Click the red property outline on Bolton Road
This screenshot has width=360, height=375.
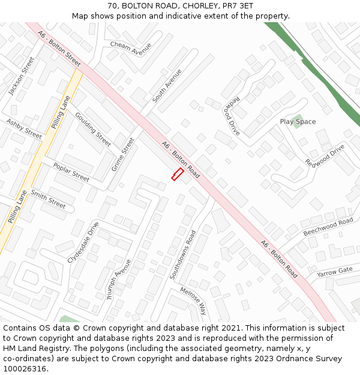tap(177, 174)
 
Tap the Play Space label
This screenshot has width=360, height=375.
tap(298, 122)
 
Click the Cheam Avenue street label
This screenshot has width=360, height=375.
tap(131, 48)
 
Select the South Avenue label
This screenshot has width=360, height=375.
tap(167, 86)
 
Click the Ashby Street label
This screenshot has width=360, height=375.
tap(24, 129)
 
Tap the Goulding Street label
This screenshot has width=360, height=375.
tap(93, 129)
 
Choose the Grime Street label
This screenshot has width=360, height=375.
tap(123, 154)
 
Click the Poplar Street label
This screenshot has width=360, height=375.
tap(71, 172)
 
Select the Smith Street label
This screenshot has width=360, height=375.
tap(48, 199)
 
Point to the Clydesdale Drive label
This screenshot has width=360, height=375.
tap(83, 242)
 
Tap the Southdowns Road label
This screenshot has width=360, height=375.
tap(182, 255)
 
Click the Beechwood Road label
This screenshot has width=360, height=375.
tap(328, 227)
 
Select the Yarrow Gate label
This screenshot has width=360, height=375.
tap(335, 271)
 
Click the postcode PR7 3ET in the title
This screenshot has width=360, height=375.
tap(239, 6)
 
